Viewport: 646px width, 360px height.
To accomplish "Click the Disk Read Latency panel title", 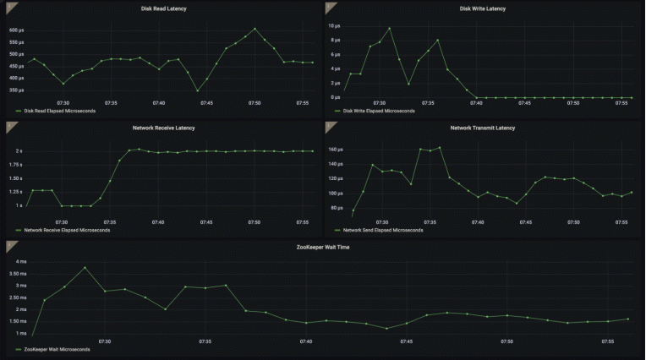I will (164, 8).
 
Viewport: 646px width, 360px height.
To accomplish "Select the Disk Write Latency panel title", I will (483, 8).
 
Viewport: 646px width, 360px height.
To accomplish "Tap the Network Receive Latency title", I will (164, 128).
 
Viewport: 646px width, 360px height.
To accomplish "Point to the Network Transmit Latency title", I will (483, 128).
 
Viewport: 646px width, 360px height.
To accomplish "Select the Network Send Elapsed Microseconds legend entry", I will (382, 230).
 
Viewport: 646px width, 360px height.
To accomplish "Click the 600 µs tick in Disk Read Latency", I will (18, 30).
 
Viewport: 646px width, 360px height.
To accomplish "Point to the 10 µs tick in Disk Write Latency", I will (335, 25).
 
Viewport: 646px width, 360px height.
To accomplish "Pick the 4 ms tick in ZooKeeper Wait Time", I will (18, 262).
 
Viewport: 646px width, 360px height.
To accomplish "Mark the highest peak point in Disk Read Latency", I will (255, 29).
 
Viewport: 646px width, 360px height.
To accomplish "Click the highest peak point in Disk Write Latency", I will (389, 28).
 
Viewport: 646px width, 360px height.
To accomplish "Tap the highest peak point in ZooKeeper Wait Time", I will (85, 268).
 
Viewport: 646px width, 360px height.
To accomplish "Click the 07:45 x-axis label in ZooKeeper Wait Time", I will (407, 342).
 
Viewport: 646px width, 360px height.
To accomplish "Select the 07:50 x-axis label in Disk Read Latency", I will (255, 103).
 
